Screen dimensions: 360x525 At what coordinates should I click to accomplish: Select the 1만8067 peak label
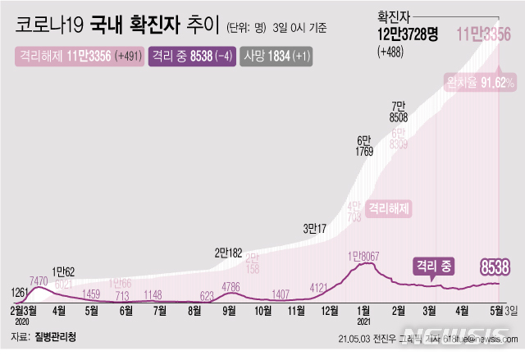coord(365,257)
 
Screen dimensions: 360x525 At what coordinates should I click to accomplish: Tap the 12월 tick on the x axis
coord(331,311)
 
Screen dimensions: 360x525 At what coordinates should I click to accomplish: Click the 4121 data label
coord(320,287)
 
